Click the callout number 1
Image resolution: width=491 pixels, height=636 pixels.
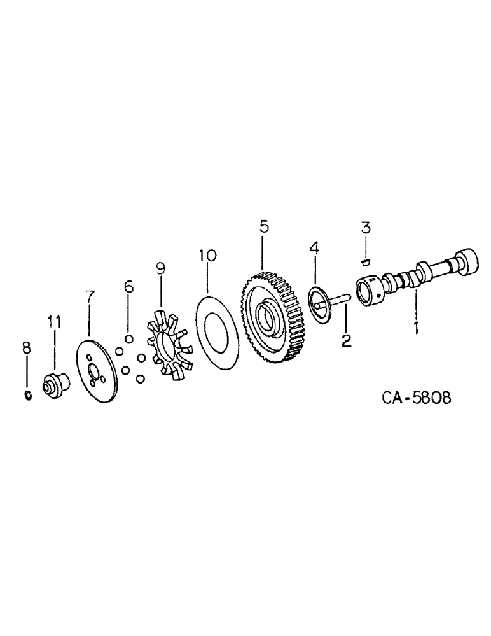(x=415, y=328)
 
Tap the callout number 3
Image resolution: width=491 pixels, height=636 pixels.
(x=366, y=228)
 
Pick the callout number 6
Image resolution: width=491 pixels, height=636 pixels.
(x=128, y=287)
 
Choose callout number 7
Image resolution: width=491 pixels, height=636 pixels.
(x=90, y=296)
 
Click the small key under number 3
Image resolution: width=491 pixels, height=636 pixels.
(x=365, y=259)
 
